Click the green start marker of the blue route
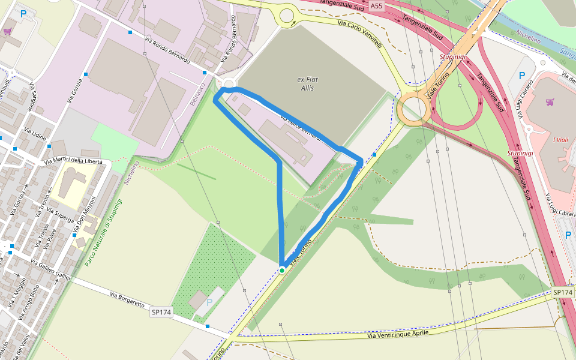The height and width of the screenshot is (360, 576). click(x=281, y=271)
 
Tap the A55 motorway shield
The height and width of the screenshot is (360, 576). click(x=376, y=6)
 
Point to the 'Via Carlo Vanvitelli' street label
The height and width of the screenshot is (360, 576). click(x=359, y=35)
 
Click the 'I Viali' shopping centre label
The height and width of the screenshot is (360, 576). click(x=562, y=140)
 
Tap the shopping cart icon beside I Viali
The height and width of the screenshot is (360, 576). click(x=550, y=101)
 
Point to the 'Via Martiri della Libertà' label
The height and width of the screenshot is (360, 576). click(x=74, y=162)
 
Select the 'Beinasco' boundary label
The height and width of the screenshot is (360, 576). click(x=196, y=95)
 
